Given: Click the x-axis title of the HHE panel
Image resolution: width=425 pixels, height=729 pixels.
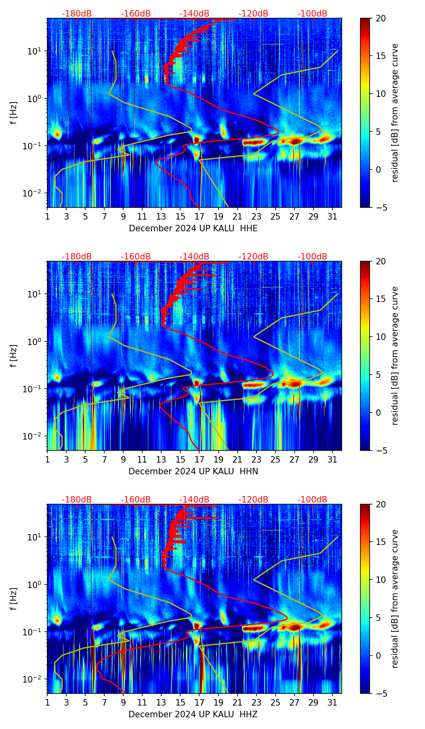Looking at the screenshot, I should click(193, 228).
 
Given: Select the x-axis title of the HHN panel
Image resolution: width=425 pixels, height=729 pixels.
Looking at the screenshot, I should click(193, 471).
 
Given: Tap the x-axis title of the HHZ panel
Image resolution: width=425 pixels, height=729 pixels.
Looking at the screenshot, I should click(193, 714).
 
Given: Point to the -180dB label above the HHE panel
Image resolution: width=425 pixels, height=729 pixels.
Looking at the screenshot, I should click(77, 14).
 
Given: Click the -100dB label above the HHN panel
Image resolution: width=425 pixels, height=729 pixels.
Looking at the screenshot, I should click(312, 257).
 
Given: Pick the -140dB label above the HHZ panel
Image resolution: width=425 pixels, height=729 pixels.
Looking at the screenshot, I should click(194, 500).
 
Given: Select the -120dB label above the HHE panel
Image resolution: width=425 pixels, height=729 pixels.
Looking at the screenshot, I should click(253, 14).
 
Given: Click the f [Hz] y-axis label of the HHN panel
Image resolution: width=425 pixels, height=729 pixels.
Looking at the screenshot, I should click(14, 356).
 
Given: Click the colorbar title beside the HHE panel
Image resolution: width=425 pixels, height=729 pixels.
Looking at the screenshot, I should click(395, 113).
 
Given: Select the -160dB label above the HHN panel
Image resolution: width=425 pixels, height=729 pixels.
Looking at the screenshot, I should click(136, 257).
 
